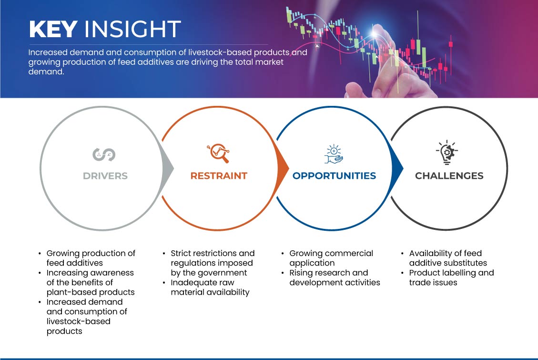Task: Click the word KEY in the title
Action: tap(53, 29)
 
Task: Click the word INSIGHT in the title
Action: tap(132, 29)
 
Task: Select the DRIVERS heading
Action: tap(105, 176)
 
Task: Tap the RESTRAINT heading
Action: tap(219, 176)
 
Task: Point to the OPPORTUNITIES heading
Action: tap(334, 176)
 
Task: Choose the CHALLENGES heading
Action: tap(449, 176)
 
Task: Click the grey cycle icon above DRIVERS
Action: tap(104, 154)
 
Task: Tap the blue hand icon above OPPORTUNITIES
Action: tap(334, 154)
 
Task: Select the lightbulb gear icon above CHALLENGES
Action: tap(447, 153)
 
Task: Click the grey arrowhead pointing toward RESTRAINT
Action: tap(168, 168)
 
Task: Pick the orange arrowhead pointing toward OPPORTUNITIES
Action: tap(283, 168)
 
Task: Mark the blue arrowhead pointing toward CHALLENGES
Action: tap(397, 168)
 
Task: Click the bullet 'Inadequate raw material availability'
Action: tap(210, 287)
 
